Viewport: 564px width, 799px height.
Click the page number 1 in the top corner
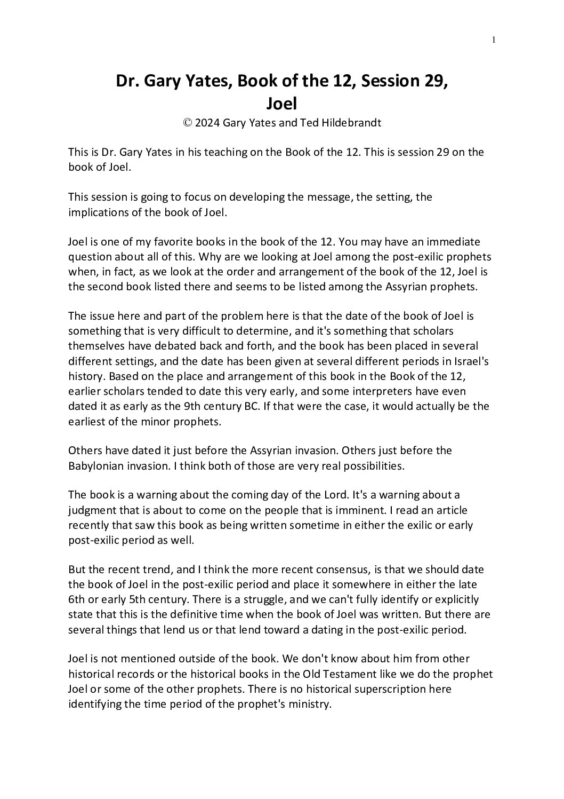pyautogui.click(x=494, y=39)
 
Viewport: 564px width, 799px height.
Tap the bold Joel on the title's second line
pyautogui.click(x=281, y=102)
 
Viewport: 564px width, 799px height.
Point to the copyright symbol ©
pyautogui.click(x=187, y=122)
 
